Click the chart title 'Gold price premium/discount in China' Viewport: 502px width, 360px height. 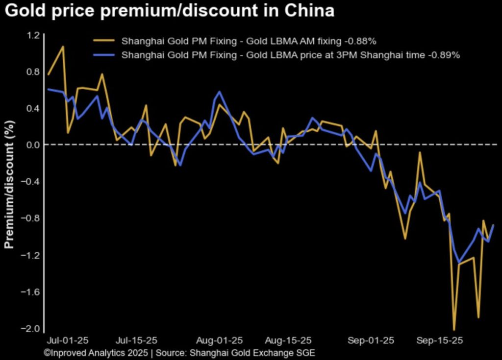click(170, 11)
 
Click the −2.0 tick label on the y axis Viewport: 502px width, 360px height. click(31, 329)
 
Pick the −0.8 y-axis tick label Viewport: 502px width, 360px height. click(31, 218)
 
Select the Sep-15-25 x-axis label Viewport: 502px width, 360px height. click(440, 340)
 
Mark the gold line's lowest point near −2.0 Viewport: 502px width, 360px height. click(454, 330)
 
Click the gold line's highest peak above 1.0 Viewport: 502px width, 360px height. click(63, 47)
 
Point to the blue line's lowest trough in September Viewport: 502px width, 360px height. click(459, 263)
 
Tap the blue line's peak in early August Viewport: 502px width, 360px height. click(219, 92)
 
